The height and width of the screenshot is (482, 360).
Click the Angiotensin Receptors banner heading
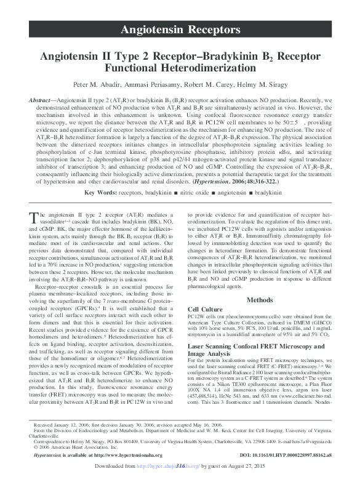click(x=180, y=30)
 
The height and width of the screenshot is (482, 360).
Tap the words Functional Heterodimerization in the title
click(x=180, y=68)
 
